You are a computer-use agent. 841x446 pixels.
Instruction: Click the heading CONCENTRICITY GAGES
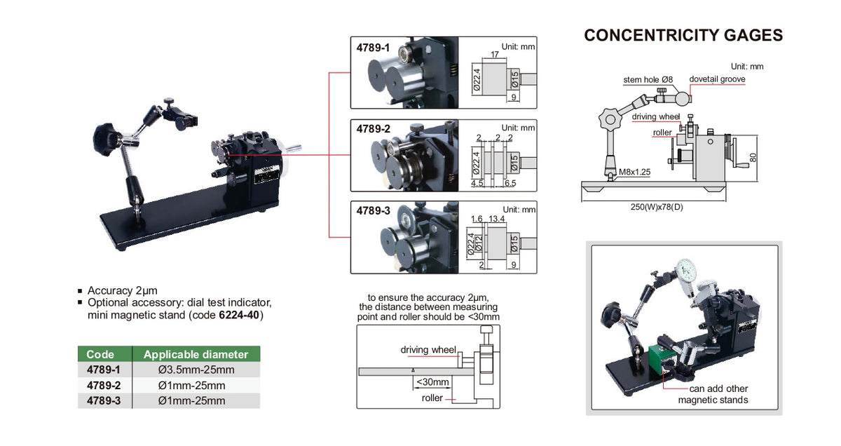pos(683,36)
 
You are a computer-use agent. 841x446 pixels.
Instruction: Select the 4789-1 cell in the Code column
pos(104,370)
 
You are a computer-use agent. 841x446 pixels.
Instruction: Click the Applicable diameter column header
pos(196,354)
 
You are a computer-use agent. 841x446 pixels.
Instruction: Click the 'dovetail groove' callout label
pos(717,79)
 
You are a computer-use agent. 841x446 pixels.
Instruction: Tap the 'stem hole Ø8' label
pos(648,80)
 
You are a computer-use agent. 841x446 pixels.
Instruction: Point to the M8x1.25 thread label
pos(634,171)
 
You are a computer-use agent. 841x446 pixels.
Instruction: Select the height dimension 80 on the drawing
pos(753,158)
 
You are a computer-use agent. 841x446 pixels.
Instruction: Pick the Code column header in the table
pos(100,354)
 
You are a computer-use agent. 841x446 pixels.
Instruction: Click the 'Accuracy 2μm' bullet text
pos(122,290)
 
